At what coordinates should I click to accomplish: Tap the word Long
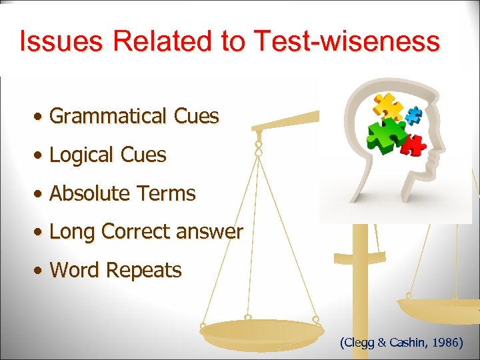click(73, 232)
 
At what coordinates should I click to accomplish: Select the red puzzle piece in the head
click(415, 143)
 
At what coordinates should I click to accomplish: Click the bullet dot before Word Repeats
click(41, 271)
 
